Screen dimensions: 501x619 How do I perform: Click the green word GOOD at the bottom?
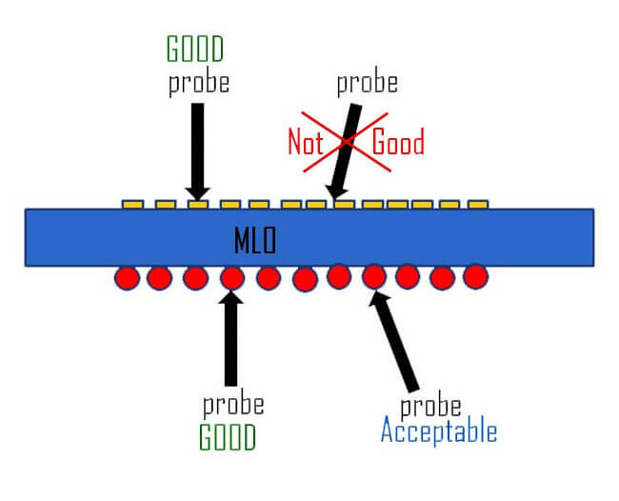[x=228, y=436]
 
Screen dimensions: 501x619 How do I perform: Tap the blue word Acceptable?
[x=438, y=431]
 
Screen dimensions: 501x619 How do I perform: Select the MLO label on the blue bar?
[x=254, y=241]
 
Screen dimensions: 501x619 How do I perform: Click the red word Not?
[x=307, y=143]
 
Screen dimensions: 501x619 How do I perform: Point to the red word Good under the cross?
[x=397, y=143]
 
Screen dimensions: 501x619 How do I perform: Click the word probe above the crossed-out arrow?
[x=367, y=83]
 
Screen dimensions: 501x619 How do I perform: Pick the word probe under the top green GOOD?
[x=199, y=83]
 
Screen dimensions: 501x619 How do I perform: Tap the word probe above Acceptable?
[x=429, y=406]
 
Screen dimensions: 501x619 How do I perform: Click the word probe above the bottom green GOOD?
[x=233, y=404]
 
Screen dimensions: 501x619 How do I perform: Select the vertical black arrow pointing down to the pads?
[x=198, y=148]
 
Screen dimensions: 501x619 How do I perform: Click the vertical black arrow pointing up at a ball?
[x=230, y=338]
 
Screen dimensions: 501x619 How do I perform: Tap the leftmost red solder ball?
[x=127, y=277]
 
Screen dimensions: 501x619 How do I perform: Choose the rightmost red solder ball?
[x=475, y=276]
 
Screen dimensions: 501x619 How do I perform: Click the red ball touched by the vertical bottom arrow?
[x=231, y=278]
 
